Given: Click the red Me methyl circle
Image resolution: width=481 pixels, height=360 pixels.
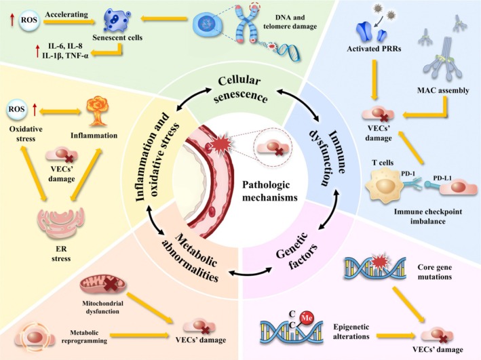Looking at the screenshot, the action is (307, 318).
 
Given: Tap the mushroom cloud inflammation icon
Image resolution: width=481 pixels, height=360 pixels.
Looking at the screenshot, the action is (97, 112).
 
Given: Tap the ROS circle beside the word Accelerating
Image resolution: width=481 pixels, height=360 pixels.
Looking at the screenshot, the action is (29, 20).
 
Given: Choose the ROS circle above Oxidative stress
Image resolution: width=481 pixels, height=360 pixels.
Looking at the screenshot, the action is (16, 109).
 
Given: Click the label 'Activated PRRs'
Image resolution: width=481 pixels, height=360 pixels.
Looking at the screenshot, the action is (374, 48).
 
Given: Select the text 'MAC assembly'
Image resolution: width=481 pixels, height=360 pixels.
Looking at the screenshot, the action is (443, 90).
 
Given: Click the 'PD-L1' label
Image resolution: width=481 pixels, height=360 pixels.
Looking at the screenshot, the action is (442, 178).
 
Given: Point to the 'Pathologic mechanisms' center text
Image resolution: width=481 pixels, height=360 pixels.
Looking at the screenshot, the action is (269, 191).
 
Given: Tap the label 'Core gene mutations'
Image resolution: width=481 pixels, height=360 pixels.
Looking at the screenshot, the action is (434, 272).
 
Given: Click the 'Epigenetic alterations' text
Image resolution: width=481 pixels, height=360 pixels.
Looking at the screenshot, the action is (351, 332).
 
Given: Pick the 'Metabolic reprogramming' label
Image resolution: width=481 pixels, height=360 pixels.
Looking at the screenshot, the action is (84, 336).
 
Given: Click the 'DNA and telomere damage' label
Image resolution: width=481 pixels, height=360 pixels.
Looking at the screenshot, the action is (290, 22).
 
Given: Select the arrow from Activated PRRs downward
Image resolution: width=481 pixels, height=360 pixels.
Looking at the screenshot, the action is (374, 79).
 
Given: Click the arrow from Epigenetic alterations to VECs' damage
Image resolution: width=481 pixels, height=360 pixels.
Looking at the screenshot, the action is (396, 336).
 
